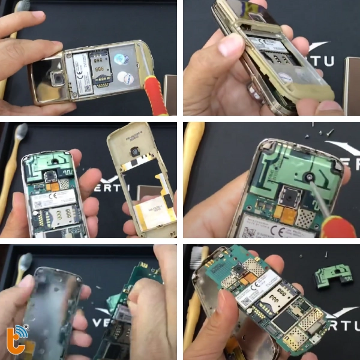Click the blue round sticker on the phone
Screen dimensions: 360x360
pyautogui.click(x=120, y=59)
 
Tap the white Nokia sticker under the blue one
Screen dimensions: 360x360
pyautogui.click(x=125, y=77)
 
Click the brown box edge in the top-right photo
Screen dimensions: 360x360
pyautogui.click(x=352, y=84)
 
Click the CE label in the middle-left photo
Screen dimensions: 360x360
pyautogui.click(x=55, y=197)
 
